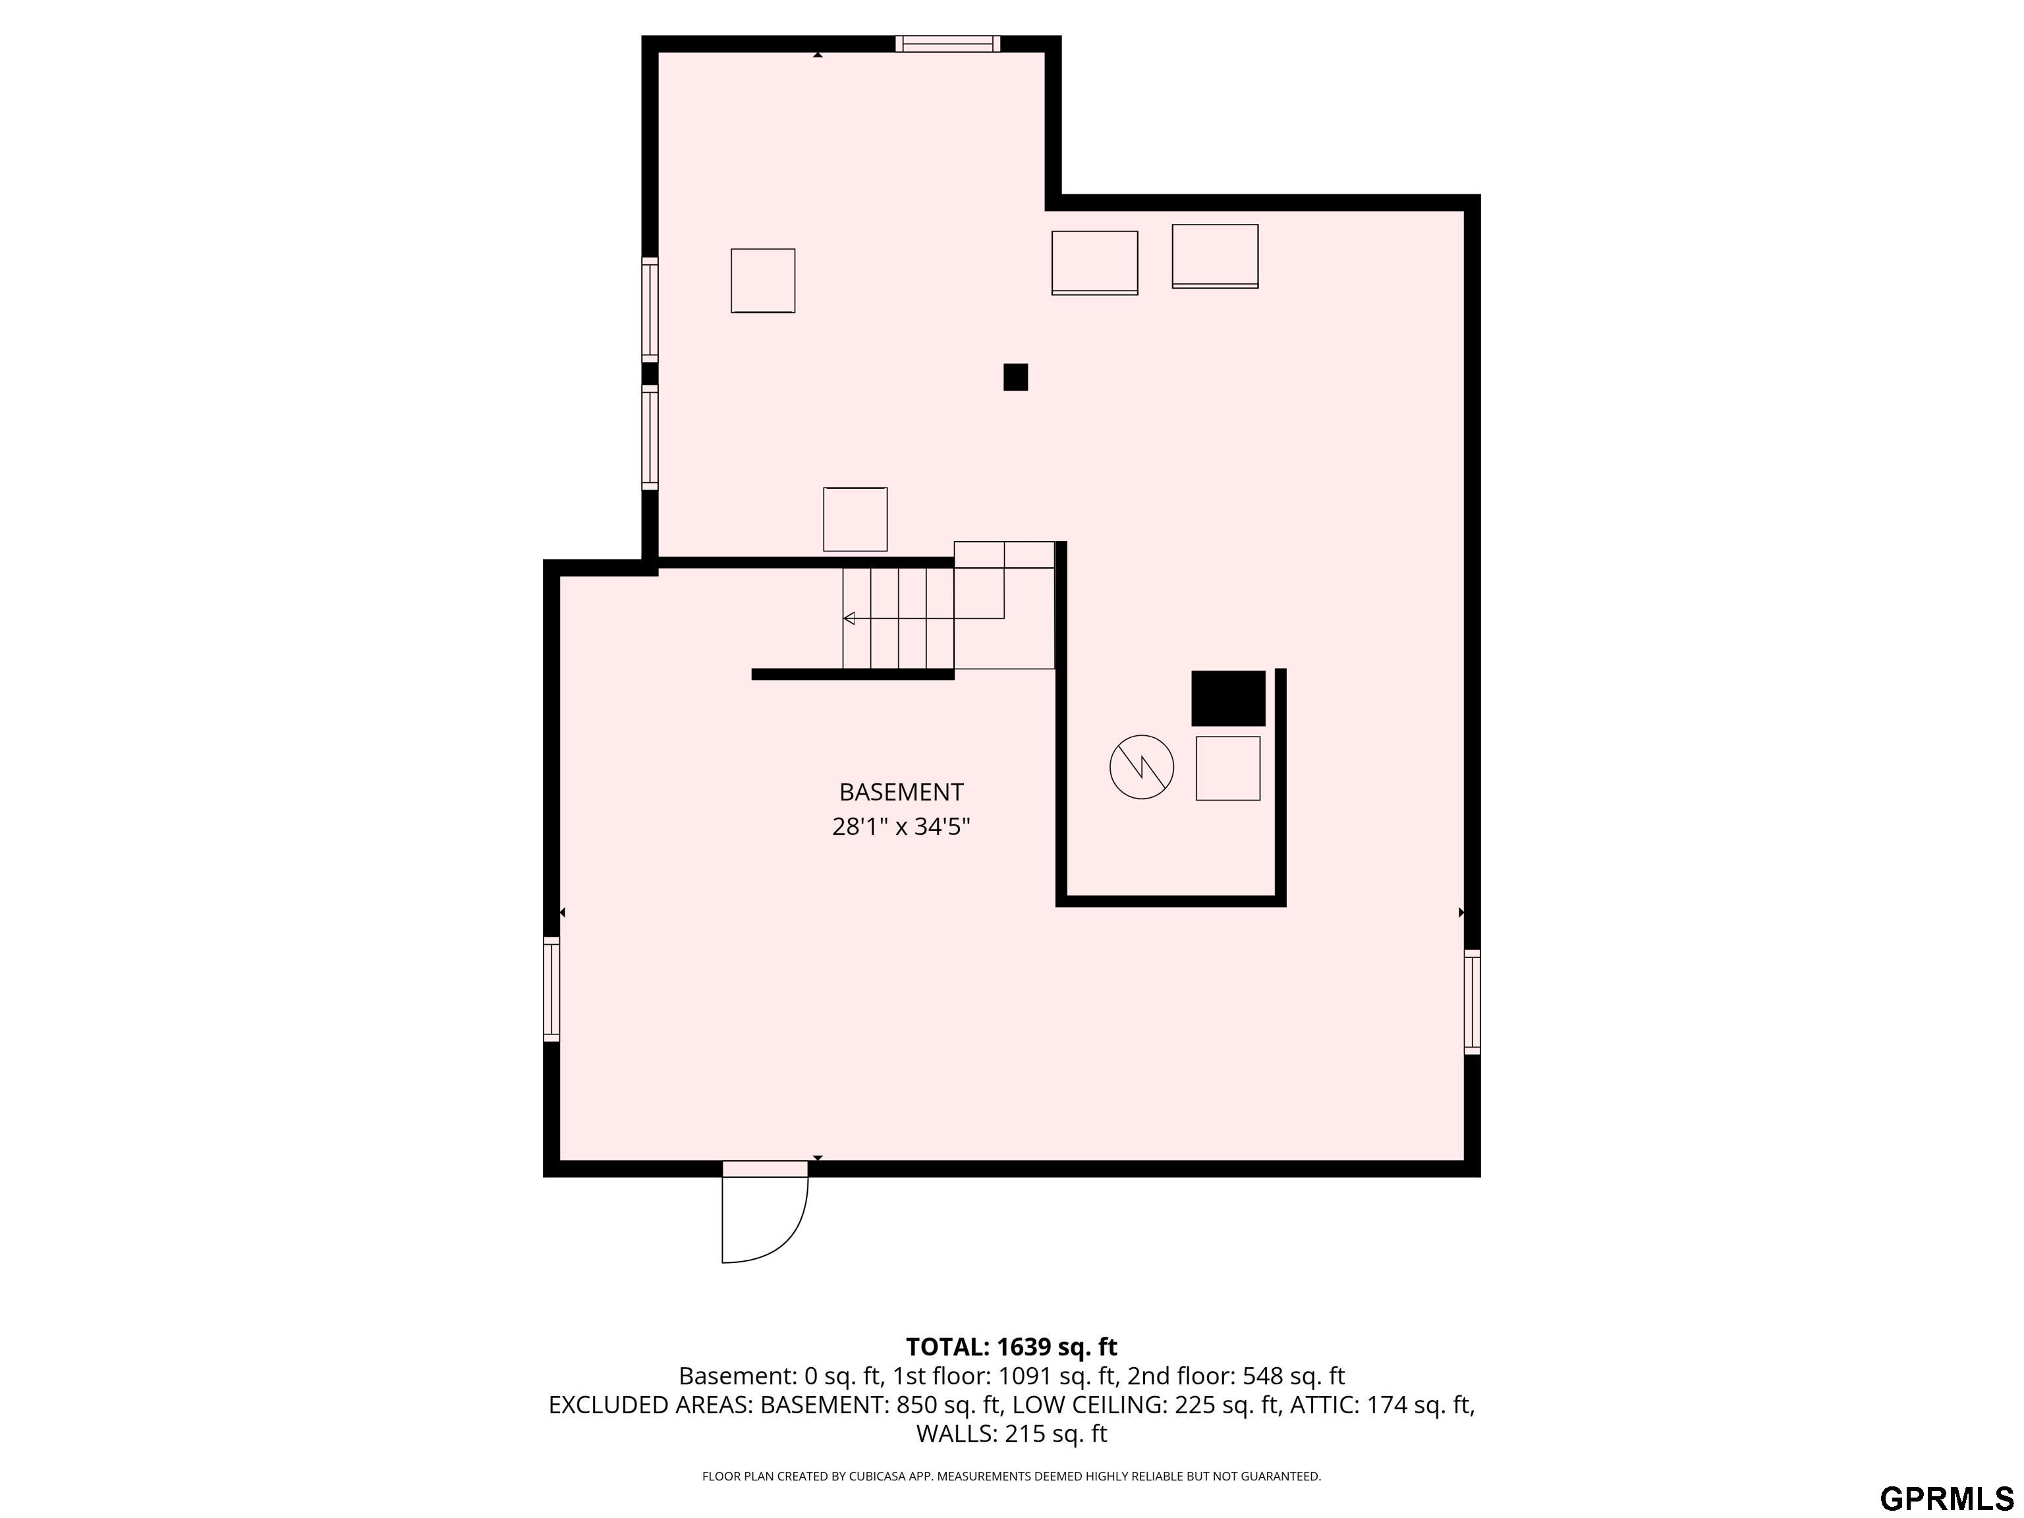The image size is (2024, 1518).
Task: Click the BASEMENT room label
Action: click(x=901, y=791)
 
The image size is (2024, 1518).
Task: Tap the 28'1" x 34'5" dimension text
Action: click(x=901, y=827)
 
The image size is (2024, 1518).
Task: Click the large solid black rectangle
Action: click(x=1228, y=698)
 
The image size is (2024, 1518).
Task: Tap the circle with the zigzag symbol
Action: click(x=1141, y=767)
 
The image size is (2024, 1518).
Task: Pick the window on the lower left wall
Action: click(x=551, y=988)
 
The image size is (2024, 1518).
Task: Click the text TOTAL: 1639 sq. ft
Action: click(x=1011, y=1347)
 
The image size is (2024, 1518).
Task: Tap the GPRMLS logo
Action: click(x=1946, y=1498)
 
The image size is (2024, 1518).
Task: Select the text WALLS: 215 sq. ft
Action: click(x=1011, y=1434)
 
